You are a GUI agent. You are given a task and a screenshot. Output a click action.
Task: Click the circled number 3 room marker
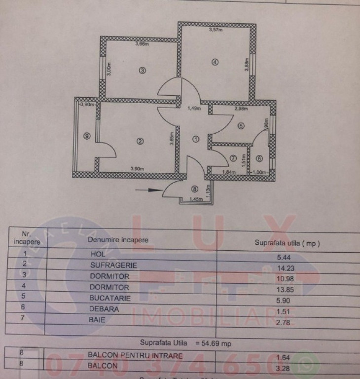[x=142, y=70]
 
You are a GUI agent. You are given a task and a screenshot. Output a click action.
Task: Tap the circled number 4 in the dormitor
[x=215, y=62]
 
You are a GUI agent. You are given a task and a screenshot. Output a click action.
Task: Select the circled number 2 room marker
[x=140, y=141]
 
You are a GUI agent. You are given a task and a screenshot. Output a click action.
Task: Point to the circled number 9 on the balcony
[x=87, y=137]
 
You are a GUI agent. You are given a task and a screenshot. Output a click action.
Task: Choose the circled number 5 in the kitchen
[x=241, y=126]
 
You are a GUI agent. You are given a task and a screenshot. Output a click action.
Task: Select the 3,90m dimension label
[x=137, y=169]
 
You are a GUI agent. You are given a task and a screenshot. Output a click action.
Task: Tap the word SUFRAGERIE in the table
[x=113, y=265]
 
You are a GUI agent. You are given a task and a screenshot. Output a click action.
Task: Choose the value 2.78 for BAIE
[x=288, y=322]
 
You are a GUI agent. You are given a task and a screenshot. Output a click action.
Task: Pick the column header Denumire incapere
[x=117, y=240]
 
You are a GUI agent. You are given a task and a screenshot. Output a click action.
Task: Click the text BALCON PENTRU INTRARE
[x=135, y=355]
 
